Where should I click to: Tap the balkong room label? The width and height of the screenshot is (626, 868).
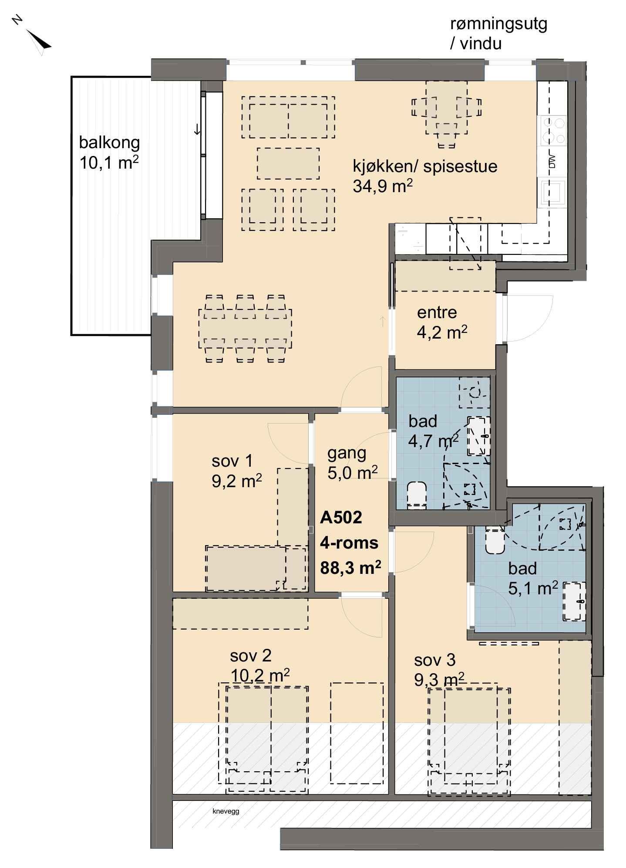pos(109,142)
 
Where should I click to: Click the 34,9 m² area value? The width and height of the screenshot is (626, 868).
pos(383,186)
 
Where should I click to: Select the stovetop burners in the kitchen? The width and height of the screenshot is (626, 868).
pos(554,131)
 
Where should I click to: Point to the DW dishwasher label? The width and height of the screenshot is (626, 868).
pos(552,161)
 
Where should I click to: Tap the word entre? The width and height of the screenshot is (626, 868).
pos(437,312)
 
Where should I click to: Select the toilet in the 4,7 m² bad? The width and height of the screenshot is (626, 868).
pos(417,495)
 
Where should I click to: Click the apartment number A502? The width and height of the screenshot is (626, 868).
pos(341,517)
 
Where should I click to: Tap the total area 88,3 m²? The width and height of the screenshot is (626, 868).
pos(350,567)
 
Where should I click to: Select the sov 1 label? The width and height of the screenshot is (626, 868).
pos(232,461)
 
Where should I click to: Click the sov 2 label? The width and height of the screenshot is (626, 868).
pos(251,655)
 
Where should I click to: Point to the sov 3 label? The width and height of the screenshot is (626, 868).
pos(435,660)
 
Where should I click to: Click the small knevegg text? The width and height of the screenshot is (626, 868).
pos(226,811)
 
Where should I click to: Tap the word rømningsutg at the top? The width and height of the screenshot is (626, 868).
pos(498,24)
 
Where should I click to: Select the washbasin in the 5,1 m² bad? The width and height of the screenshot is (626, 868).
pos(574,601)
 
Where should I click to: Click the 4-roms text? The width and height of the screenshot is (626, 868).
pos(349,542)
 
